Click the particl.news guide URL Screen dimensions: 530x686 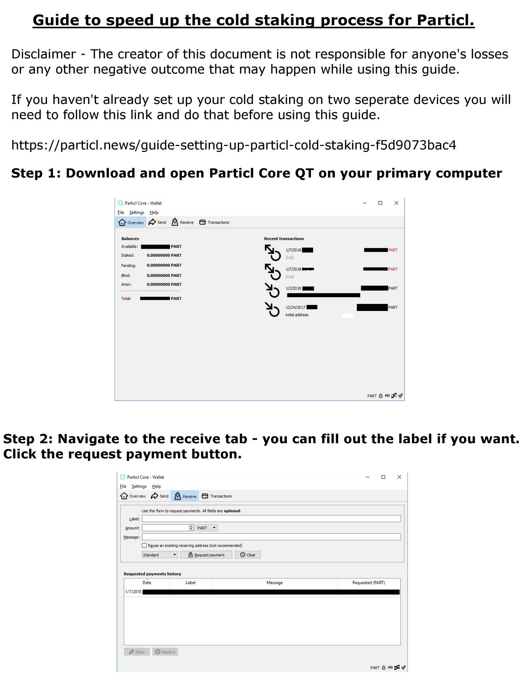(234, 145)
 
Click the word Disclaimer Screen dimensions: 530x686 (43, 54)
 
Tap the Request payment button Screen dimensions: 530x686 (206, 555)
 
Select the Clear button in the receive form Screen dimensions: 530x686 (248, 555)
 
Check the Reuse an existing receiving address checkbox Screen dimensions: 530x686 (144, 545)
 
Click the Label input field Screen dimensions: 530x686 (271, 518)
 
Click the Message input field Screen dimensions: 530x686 (271, 537)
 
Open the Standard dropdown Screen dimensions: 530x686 (160, 555)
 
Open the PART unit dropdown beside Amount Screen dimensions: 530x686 (207, 528)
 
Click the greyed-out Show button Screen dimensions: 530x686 (137, 652)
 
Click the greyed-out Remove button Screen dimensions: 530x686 (165, 652)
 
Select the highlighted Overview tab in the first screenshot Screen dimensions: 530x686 (131, 222)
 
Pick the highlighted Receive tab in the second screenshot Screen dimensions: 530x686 (185, 496)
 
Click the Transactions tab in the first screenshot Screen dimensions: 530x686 (214, 222)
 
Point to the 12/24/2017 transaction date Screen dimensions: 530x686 (295, 307)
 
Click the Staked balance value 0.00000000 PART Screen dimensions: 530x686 (164, 255)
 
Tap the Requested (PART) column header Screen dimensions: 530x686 (369, 582)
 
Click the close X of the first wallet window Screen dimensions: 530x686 (396, 203)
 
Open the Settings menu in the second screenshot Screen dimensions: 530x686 (139, 486)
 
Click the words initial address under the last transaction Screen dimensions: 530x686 (297, 315)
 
